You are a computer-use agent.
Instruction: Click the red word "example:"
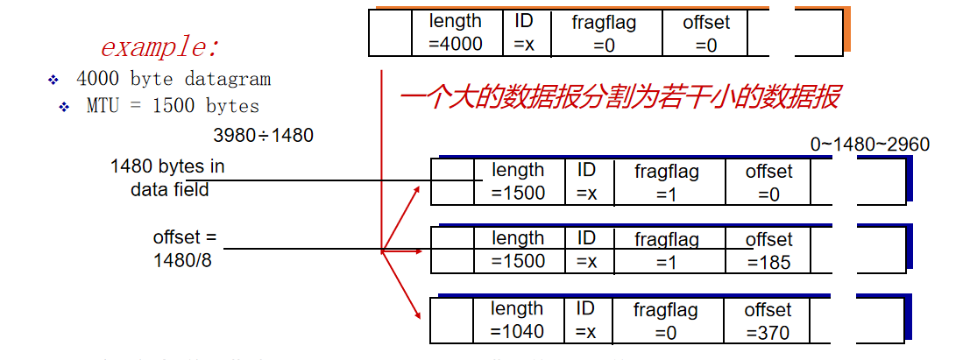tap(159, 46)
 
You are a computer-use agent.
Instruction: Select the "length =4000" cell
tap(456, 32)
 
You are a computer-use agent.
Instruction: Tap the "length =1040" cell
tap(518, 321)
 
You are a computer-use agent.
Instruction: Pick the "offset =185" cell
tap(768, 251)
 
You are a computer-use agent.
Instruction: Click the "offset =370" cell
tap(768, 321)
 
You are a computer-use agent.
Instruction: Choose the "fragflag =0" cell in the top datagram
tap(605, 32)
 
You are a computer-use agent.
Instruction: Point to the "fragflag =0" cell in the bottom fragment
tap(667, 321)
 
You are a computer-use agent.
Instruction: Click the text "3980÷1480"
tap(263, 136)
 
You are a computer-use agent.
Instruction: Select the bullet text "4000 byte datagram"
tap(173, 79)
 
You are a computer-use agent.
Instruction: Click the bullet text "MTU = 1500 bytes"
tap(173, 107)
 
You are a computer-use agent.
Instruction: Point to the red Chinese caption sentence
tap(620, 97)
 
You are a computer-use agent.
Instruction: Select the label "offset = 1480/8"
tap(184, 249)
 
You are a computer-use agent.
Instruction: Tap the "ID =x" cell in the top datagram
tap(524, 32)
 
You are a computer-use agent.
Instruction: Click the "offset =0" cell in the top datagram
tap(706, 32)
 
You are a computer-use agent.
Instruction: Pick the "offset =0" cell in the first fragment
tap(768, 182)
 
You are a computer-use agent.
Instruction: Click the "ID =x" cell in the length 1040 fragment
tap(586, 321)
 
